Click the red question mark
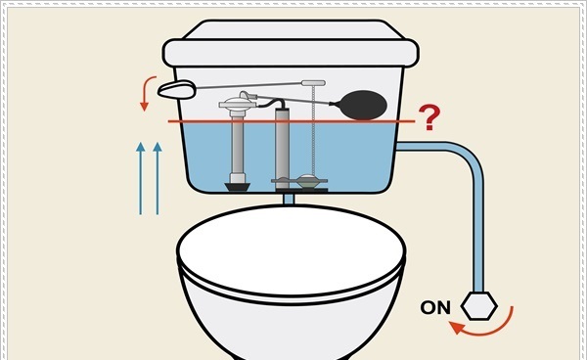(428, 118)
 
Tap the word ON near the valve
(435, 307)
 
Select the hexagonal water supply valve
(479, 305)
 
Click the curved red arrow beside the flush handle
(148, 95)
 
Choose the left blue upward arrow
(140, 176)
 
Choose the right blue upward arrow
(157, 176)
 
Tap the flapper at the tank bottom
(306, 181)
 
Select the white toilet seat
(292, 250)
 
